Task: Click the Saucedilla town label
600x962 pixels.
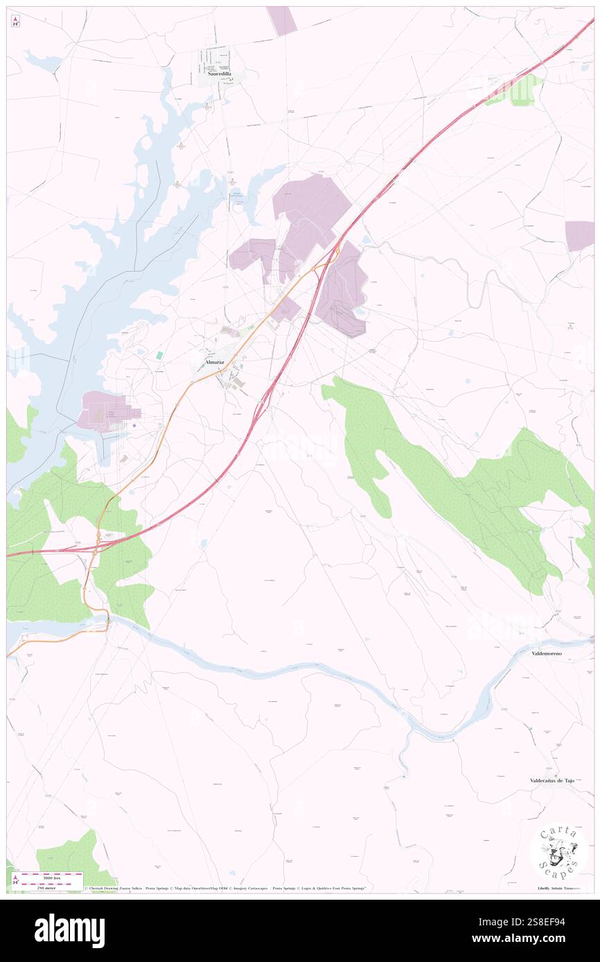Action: [x=219, y=73]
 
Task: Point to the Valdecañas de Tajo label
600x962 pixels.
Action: [x=552, y=780]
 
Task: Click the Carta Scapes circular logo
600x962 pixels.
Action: [x=558, y=851]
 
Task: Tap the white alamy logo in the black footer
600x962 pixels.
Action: [x=69, y=930]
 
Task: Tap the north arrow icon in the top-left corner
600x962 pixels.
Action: [x=15, y=21]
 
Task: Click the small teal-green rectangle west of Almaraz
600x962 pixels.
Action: [x=159, y=355]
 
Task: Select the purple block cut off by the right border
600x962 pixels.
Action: [x=579, y=235]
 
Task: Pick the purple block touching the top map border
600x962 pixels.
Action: [x=282, y=21]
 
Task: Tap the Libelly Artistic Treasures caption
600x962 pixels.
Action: [x=561, y=888]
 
